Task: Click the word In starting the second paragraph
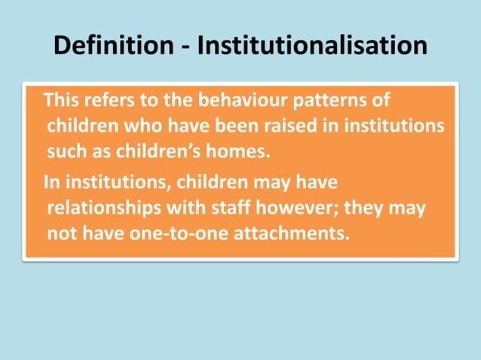(52, 182)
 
